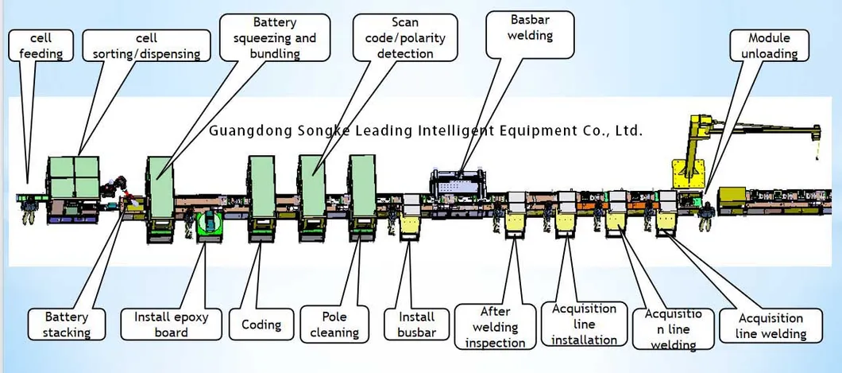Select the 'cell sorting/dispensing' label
coord(147,45)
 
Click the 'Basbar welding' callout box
coord(530,35)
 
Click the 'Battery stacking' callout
coord(67,324)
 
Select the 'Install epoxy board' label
coord(172,324)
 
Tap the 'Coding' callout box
coord(261,324)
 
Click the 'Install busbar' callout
coord(417,324)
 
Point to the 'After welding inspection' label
coord(495,326)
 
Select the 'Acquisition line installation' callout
coord(584,324)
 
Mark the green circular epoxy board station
coord(210,225)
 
